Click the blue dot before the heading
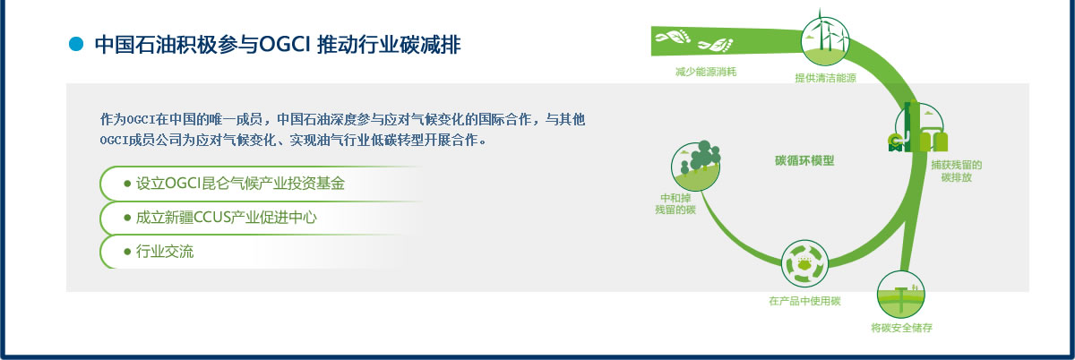(x=76, y=44)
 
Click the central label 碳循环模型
(x=804, y=160)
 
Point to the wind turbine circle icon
(x=825, y=41)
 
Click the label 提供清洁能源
(x=825, y=78)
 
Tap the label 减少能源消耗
(x=706, y=72)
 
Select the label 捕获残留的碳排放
(x=957, y=171)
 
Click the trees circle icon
(x=695, y=166)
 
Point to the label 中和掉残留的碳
(x=675, y=204)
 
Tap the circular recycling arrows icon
(x=804, y=264)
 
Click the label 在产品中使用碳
(x=804, y=301)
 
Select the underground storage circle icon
(x=901, y=295)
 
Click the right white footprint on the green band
(x=716, y=45)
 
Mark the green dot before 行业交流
(x=127, y=252)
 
